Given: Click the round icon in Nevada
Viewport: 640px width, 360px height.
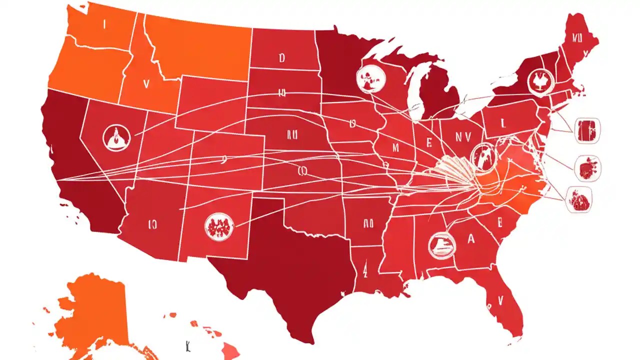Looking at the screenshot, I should pos(116,137).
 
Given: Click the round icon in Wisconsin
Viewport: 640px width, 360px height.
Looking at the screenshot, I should pos(371,78).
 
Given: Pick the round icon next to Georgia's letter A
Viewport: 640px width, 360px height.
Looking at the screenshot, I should pos(442,245).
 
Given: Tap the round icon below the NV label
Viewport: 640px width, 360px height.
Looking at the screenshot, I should pos(482,156).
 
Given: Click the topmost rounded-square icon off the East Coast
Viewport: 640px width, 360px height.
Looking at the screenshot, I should pos(588,130).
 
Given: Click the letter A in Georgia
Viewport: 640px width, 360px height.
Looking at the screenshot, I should pos(470,239).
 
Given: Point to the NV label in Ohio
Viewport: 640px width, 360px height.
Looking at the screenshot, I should pos(463,135).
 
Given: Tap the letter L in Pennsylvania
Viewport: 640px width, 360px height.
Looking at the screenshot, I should pos(501,121).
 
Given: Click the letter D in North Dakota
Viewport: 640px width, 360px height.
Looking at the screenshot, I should pos(281,58).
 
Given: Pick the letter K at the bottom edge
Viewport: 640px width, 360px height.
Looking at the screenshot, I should pos(186,345).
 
